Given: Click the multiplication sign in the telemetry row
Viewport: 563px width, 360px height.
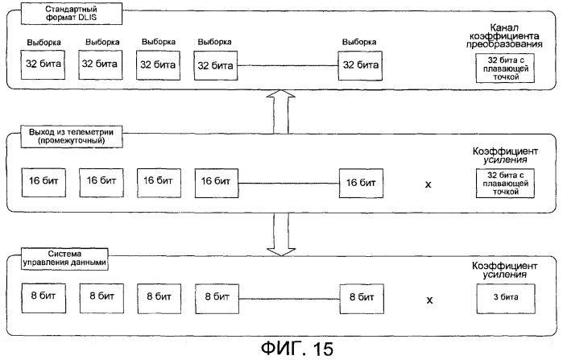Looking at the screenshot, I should click(x=428, y=184).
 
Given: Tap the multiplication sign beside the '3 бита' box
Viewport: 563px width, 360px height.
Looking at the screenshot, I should click(x=428, y=300).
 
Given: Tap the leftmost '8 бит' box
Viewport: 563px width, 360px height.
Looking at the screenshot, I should click(x=41, y=297).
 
